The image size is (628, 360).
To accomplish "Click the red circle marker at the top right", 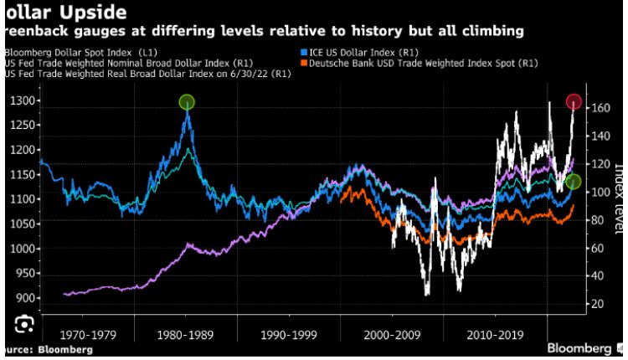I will point(574,102).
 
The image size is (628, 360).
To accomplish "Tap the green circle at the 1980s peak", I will point(187,102).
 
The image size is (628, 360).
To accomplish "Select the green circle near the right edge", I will point(574,181).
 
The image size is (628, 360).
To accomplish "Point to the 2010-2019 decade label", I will point(494,334).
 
